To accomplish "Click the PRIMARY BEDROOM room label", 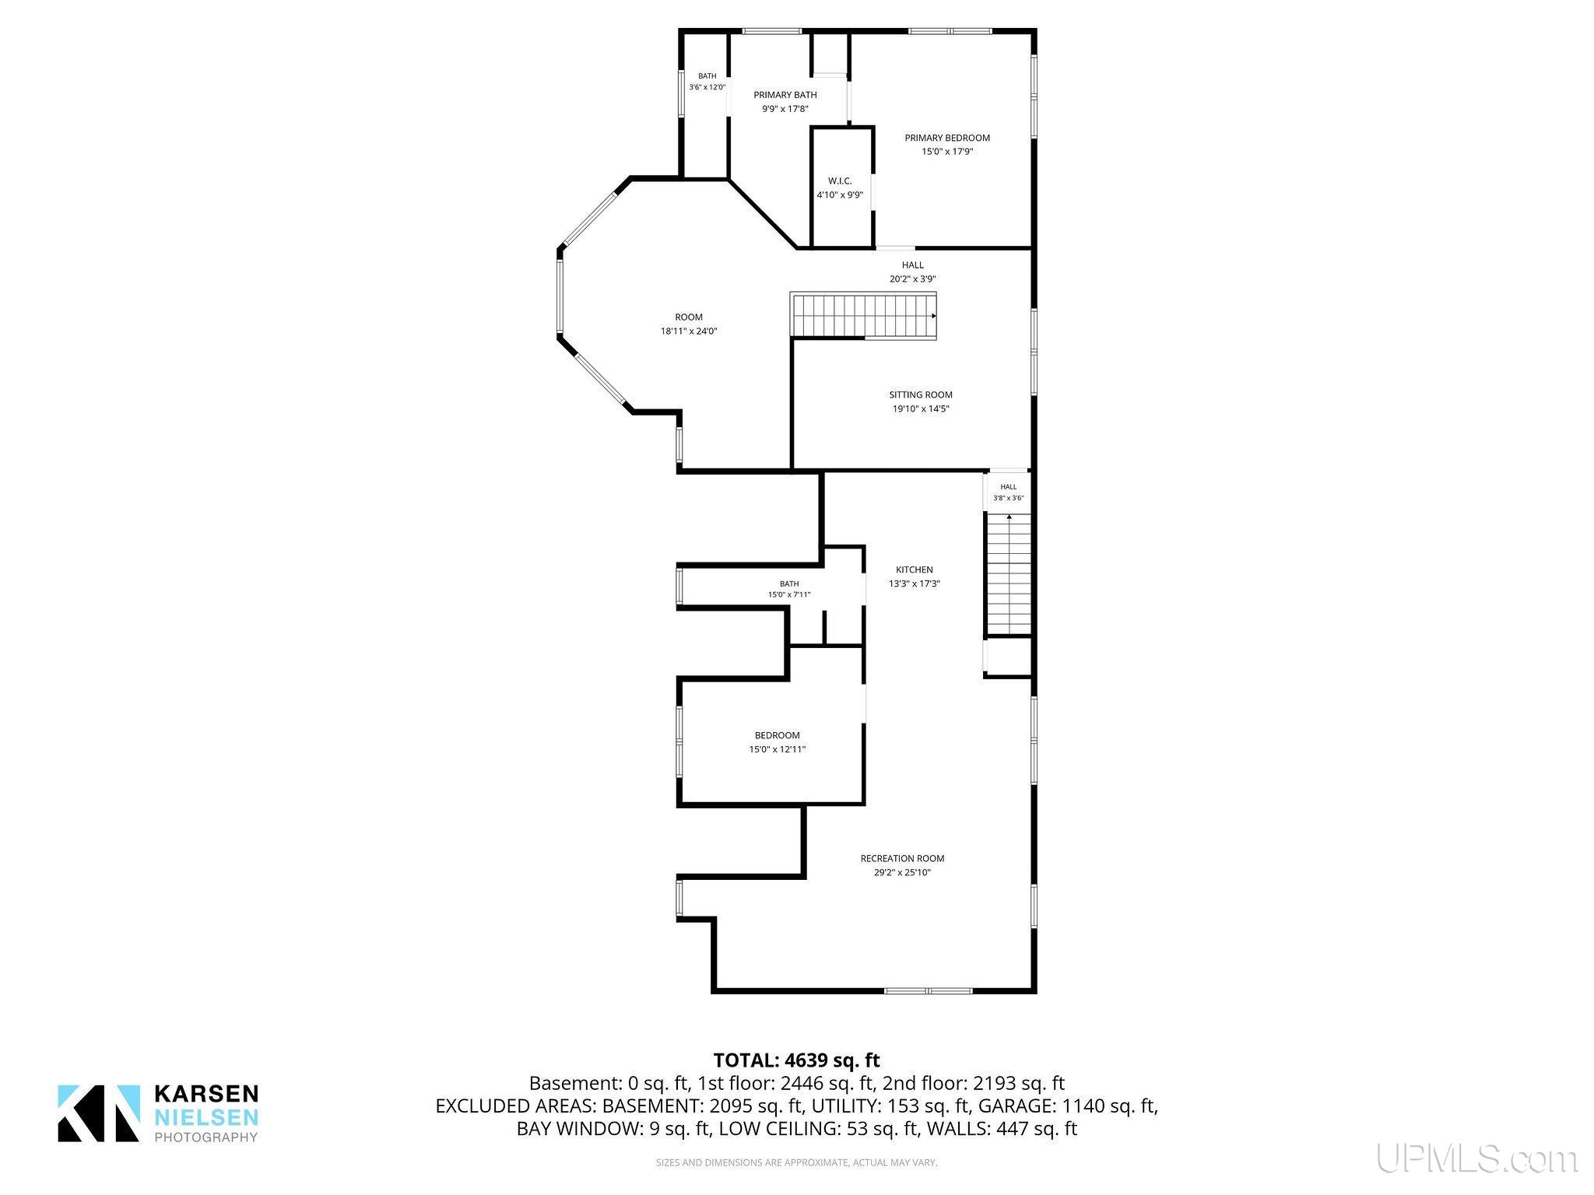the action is point(947,138).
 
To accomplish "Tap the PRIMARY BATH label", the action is point(785,95).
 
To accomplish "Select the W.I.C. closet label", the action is point(840,181).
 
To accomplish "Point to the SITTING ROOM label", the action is point(921,394).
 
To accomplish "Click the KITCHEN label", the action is point(915,569).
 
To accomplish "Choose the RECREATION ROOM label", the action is point(902,858).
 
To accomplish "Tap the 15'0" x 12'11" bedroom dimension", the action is point(777,749).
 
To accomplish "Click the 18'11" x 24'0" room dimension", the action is point(689,331).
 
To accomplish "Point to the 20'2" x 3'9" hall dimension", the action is point(913,279).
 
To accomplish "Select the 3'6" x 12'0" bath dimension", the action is point(707,87).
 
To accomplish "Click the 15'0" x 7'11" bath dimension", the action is point(789,594).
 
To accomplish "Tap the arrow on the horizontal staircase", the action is point(933,316).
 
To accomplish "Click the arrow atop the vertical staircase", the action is point(1009,517).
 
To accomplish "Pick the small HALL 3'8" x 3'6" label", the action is point(1009,492).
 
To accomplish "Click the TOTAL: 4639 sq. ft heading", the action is point(796,1060).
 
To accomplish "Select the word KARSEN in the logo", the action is point(207,1094).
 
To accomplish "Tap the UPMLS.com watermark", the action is point(1476,1158).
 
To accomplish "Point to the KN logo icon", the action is point(99,1113).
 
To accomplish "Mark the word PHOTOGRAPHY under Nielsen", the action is point(207,1137).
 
